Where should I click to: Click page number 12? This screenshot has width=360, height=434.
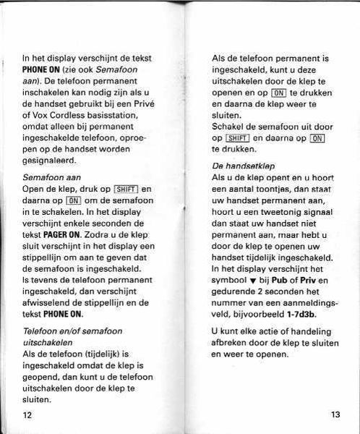point(28,414)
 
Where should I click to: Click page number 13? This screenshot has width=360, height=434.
point(335,414)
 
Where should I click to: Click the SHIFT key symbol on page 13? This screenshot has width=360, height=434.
point(237,138)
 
